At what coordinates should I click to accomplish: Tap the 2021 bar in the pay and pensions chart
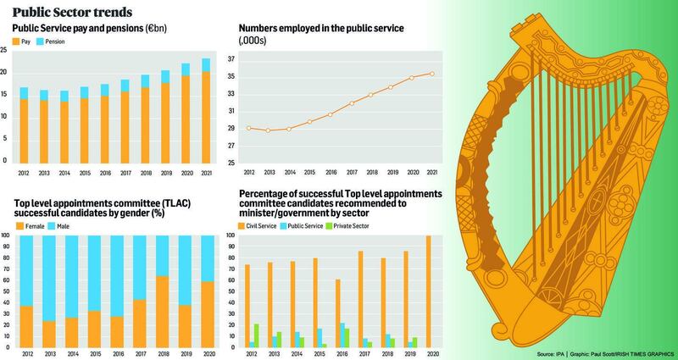tap(207, 111)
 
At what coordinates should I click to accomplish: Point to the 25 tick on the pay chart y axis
tap(4, 51)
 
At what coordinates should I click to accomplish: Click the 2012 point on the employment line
tap(248, 128)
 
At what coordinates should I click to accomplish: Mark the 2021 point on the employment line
tap(432, 74)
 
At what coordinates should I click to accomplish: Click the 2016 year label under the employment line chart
tap(331, 170)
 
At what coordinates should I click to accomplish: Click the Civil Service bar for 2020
tap(428, 292)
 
